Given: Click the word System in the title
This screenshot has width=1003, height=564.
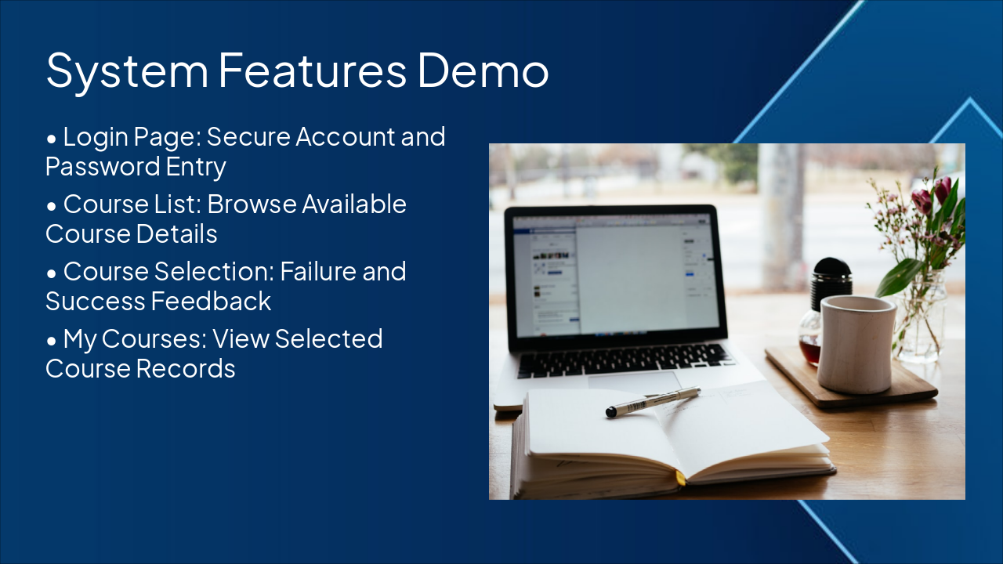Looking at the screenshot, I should point(127,70).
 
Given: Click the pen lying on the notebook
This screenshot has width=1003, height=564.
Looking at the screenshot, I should point(652,401).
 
